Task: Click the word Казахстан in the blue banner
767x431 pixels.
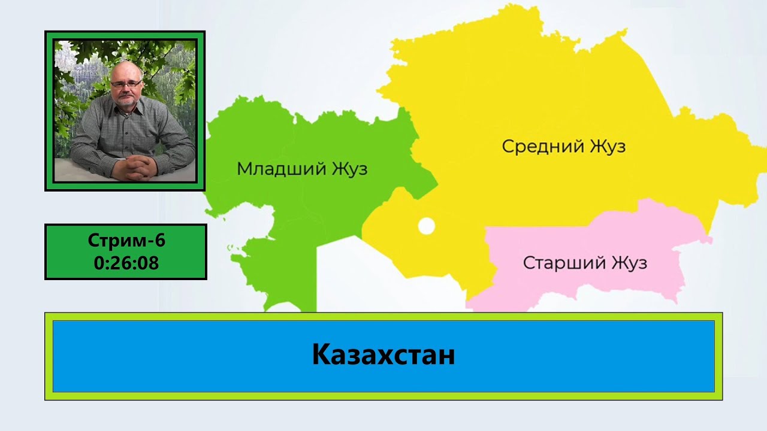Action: pos(383,355)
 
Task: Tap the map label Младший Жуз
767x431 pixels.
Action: pos(303,169)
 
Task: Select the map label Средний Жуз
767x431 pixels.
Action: pos(564,147)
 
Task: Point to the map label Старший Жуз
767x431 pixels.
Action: pos(585,263)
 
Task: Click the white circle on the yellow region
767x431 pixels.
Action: pos(427,226)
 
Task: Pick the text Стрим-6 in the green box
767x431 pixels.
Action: pos(126,240)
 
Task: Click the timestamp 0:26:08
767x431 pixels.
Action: pos(126,263)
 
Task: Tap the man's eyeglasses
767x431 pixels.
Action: pos(126,84)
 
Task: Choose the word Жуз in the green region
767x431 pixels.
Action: pos(350,169)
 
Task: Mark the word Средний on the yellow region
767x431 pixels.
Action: pos(543,147)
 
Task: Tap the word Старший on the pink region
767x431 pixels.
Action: pos(565,263)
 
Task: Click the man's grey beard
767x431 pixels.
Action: pos(126,101)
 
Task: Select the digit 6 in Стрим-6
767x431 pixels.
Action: pos(160,240)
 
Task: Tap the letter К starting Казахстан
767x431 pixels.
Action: pos(321,355)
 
